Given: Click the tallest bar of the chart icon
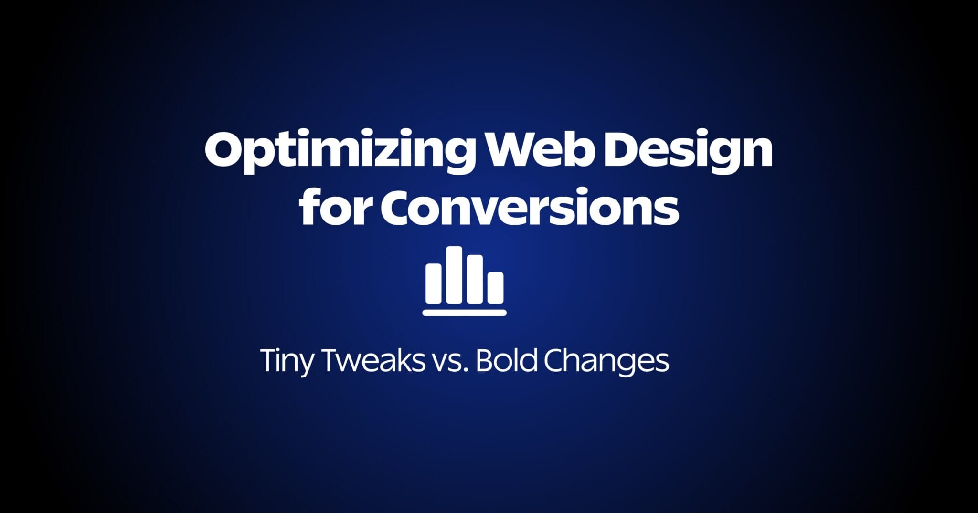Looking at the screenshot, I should tap(454, 275).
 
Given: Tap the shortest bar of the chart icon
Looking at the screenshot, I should tap(495, 288).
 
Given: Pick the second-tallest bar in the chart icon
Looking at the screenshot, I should tap(475, 279).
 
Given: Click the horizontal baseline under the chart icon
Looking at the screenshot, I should tap(464, 313).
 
